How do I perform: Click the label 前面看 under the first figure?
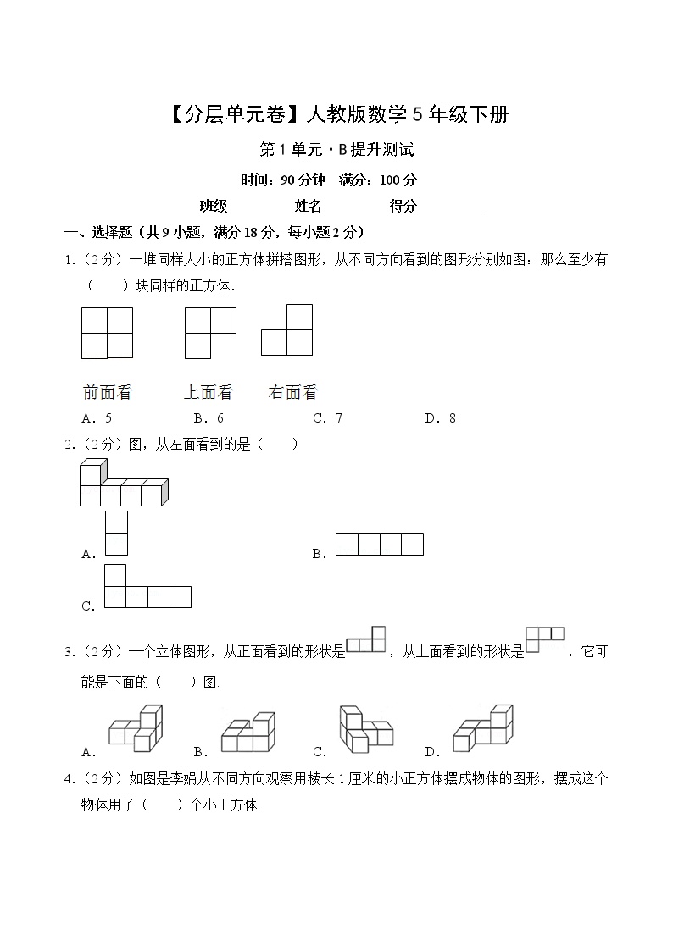click(x=108, y=392)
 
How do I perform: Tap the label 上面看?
click(x=208, y=392)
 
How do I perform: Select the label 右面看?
click(x=292, y=392)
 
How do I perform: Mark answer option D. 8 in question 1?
click(x=441, y=417)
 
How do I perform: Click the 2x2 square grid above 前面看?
click(x=108, y=333)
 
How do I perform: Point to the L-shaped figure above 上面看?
click(x=209, y=333)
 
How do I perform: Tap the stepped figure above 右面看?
click(x=288, y=329)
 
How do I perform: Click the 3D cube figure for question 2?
click(x=123, y=484)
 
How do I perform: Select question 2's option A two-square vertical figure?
click(x=116, y=533)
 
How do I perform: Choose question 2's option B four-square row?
click(x=379, y=544)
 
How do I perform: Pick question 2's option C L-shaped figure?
click(x=147, y=587)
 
